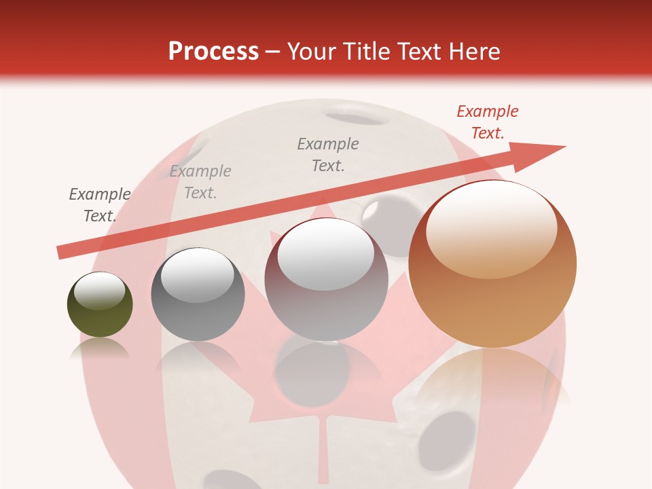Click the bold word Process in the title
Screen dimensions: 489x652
(x=213, y=51)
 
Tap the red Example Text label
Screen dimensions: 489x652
(x=487, y=122)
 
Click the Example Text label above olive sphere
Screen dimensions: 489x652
(x=100, y=205)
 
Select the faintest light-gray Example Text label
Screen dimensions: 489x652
(x=200, y=182)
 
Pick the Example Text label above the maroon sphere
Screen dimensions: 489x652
(x=328, y=154)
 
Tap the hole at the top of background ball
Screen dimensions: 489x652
(x=361, y=116)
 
